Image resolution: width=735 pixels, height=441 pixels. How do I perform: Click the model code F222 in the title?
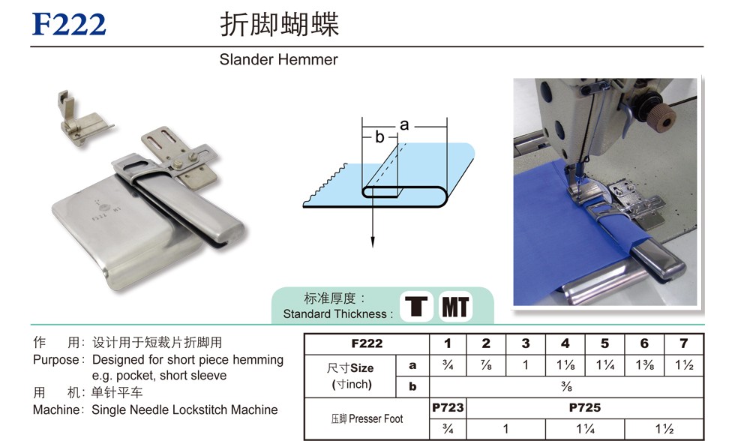(69, 24)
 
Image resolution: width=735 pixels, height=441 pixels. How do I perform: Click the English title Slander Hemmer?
(278, 59)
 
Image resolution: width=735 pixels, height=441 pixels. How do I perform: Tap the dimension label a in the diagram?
(404, 124)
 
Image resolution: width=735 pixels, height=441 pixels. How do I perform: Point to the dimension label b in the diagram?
(379, 136)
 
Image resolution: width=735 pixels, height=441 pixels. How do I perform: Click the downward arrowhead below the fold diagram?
(373, 241)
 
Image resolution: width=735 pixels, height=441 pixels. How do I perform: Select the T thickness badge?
(416, 307)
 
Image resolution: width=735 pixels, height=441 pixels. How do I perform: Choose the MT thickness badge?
(455, 307)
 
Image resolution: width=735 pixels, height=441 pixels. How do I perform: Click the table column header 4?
(565, 343)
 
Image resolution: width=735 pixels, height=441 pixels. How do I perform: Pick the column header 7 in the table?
(684, 343)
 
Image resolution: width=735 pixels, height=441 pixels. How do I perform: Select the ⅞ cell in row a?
(486, 365)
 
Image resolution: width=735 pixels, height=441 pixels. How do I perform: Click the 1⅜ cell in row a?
(644, 365)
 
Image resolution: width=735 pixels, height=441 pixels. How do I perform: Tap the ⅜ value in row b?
(566, 387)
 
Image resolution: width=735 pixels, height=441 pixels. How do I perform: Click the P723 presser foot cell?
(448, 408)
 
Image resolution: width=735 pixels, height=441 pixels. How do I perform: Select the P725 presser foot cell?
(584, 408)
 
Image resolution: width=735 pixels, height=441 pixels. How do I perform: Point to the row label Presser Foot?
(376, 418)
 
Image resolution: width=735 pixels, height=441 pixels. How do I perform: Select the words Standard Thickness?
(334, 314)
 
